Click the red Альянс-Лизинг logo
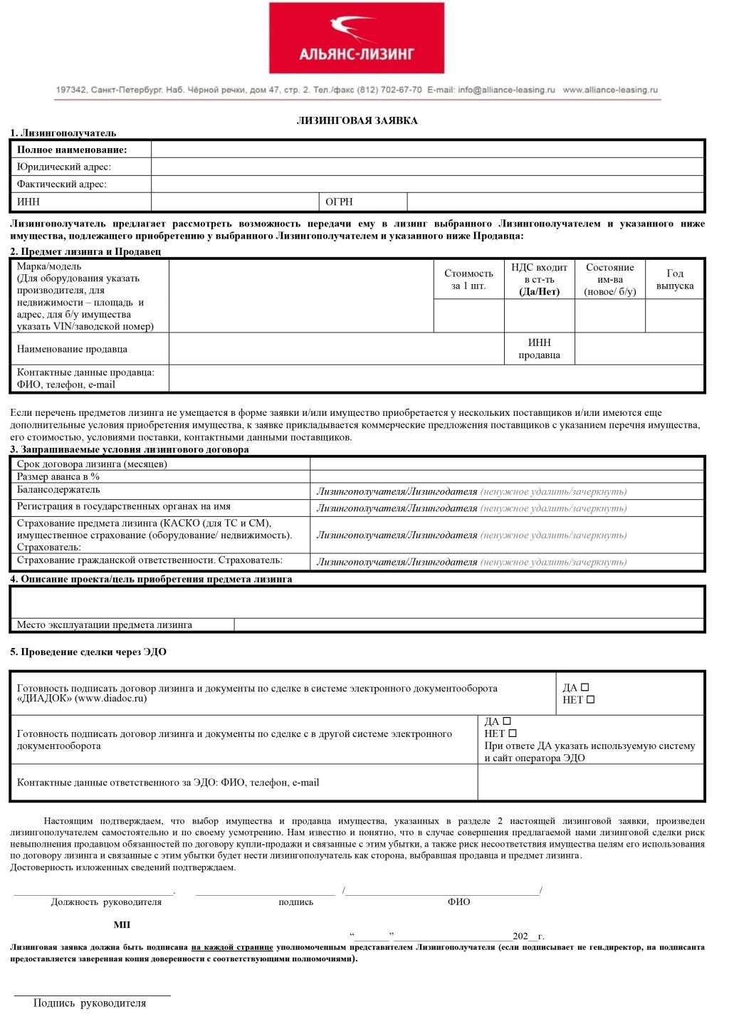pos(356,38)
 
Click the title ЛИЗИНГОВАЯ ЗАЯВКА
pos(357,120)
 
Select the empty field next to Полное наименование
pos(427,150)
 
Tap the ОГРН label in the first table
pos(339,202)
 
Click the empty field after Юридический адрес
pos(427,167)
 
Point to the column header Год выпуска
pos(674,279)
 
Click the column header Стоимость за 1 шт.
pos(468,279)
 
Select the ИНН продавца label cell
pos(539,349)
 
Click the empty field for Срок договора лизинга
pos(507,464)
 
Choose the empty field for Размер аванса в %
pos(507,476)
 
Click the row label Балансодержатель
pos(58,490)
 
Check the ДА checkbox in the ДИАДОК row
pos(585,687)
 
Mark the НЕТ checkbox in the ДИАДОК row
pos(589,700)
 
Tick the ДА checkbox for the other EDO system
pos(507,721)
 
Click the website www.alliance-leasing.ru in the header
pos(610,90)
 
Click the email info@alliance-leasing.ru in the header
pos(506,90)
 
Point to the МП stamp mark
pos(122,925)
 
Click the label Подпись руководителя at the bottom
pos(90,1003)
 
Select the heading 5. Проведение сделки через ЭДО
pos(88,652)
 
